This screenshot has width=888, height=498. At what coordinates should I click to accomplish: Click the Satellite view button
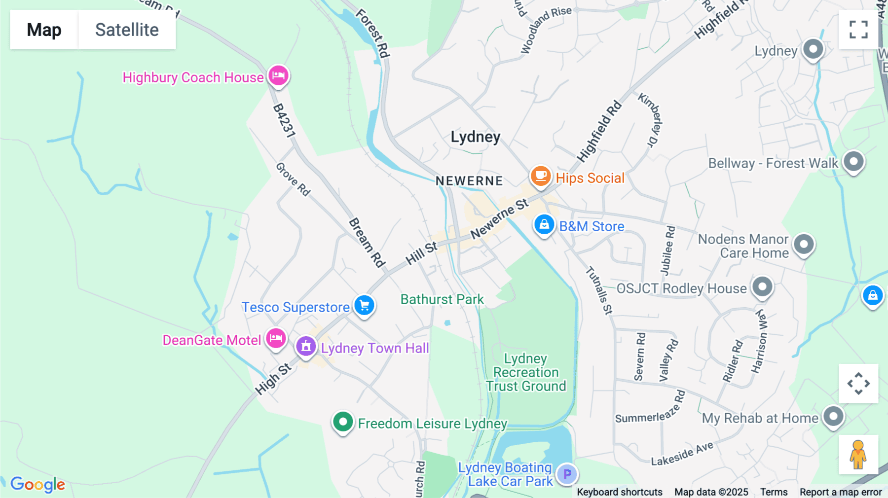tap(127, 30)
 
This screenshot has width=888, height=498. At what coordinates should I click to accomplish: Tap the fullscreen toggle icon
tap(858, 30)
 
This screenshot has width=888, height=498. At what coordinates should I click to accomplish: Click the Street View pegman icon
tap(858, 454)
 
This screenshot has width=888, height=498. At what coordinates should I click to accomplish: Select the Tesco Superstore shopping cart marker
tap(365, 306)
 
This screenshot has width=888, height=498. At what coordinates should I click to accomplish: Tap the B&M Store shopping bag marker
tap(544, 225)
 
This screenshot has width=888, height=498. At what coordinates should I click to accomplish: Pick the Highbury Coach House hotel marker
tap(278, 76)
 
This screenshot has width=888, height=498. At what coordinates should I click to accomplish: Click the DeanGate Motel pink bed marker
tap(276, 339)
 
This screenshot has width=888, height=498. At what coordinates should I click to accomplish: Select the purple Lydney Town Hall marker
tap(306, 346)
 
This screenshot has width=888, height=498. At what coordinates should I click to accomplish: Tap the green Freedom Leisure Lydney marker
tap(343, 422)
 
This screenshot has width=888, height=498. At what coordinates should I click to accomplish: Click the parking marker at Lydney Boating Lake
tap(567, 474)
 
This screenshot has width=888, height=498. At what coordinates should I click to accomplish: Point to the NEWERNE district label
tap(469, 181)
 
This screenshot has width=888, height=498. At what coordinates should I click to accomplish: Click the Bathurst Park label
tap(442, 299)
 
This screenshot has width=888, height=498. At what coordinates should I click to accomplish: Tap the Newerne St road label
tap(499, 218)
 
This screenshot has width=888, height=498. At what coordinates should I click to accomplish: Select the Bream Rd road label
tap(367, 243)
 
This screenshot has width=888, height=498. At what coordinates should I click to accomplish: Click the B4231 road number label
tap(284, 121)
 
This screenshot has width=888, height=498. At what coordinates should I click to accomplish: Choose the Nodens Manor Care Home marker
tap(804, 244)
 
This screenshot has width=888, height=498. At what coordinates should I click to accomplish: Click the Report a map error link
tap(841, 492)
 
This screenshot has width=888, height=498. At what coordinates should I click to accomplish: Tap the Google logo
tap(38, 484)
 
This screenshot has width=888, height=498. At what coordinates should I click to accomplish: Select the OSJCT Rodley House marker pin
tap(762, 286)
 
